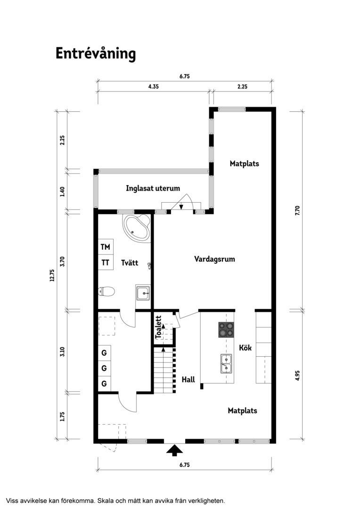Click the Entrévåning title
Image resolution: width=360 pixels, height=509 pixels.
(x=96, y=54)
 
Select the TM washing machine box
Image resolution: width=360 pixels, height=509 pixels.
(x=106, y=247)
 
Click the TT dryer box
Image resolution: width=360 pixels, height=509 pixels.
(x=106, y=263)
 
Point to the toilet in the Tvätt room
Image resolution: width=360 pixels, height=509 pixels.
(x=106, y=291)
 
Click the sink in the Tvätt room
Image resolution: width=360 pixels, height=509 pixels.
(x=143, y=293)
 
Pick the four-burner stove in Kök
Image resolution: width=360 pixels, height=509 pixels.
(x=226, y=329)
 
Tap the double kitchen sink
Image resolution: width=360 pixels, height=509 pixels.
(x=226, y=364)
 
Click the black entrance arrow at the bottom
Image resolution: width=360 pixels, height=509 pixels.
(x=175, y=450)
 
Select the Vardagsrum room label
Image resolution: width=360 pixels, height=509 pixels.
(x=214, y=259)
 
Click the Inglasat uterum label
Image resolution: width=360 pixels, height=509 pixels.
(x=153, y=188)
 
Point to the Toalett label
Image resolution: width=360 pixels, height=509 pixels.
(x=158, y=327)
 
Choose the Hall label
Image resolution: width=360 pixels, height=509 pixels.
(x=188, y=379)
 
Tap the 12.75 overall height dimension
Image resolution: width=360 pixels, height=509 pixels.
(x=52, y=276)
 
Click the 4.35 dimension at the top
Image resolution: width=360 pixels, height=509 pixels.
(x=153, y=87)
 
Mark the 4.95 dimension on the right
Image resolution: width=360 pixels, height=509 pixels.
(x=298, y=376)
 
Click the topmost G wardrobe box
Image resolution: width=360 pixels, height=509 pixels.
(x=105, y=353)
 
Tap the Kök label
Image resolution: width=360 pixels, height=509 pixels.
(x=245, y=348)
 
